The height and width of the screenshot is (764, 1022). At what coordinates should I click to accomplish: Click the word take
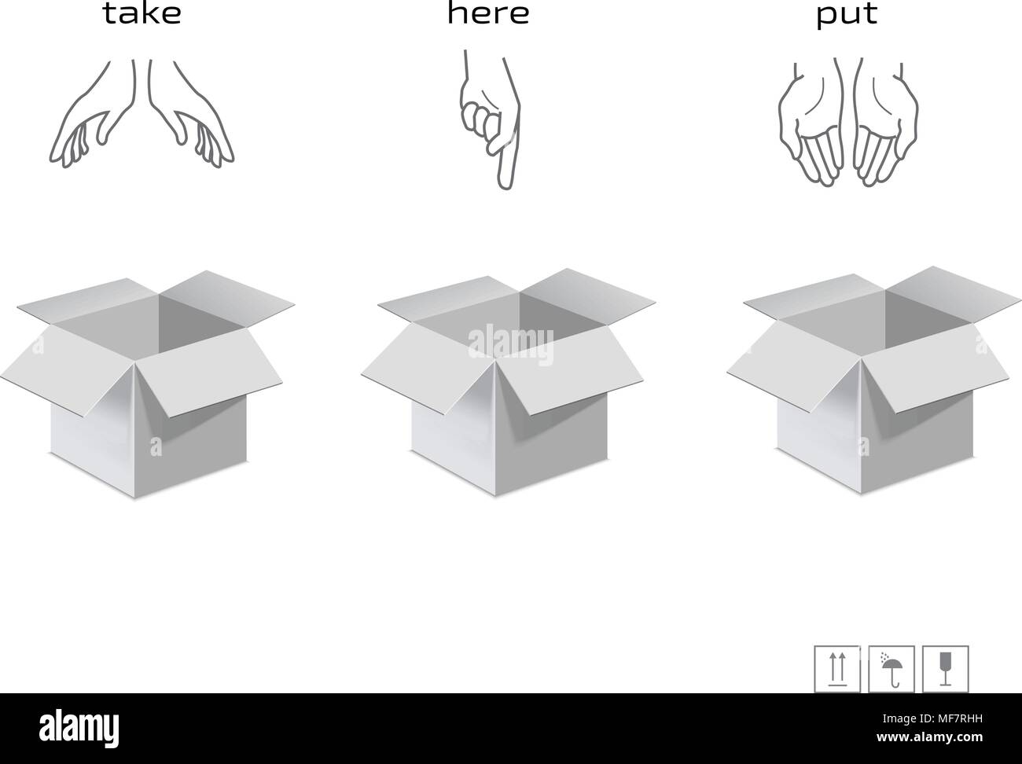pyautogui.click(x=142, y=14)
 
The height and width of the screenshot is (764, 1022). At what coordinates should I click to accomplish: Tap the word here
pyautogui.click(x=488, y=13)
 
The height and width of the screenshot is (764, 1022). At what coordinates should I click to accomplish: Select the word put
pyautogui.click(x=847, y=15)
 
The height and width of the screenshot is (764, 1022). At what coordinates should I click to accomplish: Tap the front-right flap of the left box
pyautogui.click(x=208, y=381)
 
